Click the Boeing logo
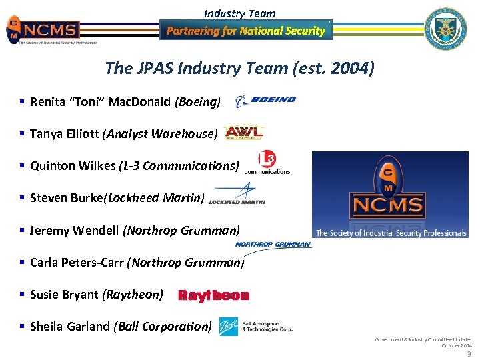[265, 101]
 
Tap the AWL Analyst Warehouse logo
[244, 133]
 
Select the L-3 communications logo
[267, 162]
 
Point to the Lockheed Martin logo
[237, 195]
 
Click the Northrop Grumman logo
[273, 245]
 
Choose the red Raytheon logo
[213, 295]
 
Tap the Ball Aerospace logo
[256, 325]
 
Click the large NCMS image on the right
[390, 195]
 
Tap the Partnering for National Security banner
[245, 31]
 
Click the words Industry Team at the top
[239, 13]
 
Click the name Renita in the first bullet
[47, 102]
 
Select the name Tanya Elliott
[64, 134]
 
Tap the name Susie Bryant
[64, 295]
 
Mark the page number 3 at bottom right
[469, 354]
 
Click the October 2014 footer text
[456, 345]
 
